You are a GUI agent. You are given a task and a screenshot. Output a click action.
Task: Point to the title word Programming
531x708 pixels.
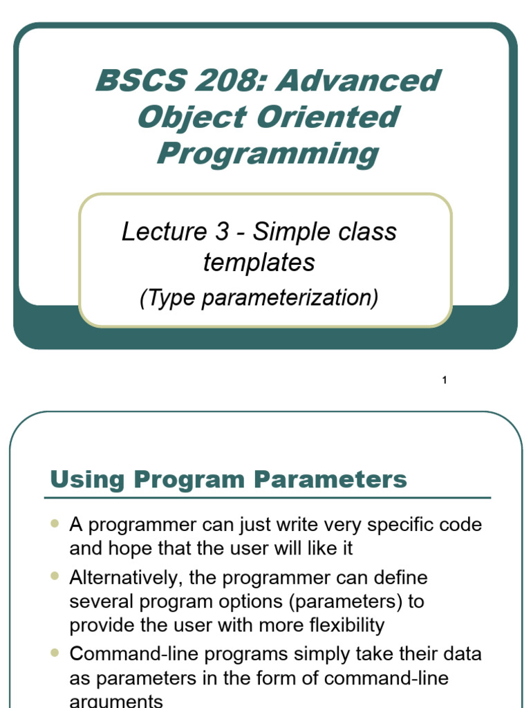tap(267, 153)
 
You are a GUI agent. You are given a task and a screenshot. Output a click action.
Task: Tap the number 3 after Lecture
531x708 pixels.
tap(221, 232)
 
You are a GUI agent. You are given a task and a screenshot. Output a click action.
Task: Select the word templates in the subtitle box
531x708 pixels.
tap(259, 263)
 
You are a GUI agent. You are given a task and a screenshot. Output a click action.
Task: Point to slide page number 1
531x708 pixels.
tap(445, 380)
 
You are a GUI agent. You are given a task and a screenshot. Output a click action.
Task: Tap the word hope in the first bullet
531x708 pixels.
tap(122, 550)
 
